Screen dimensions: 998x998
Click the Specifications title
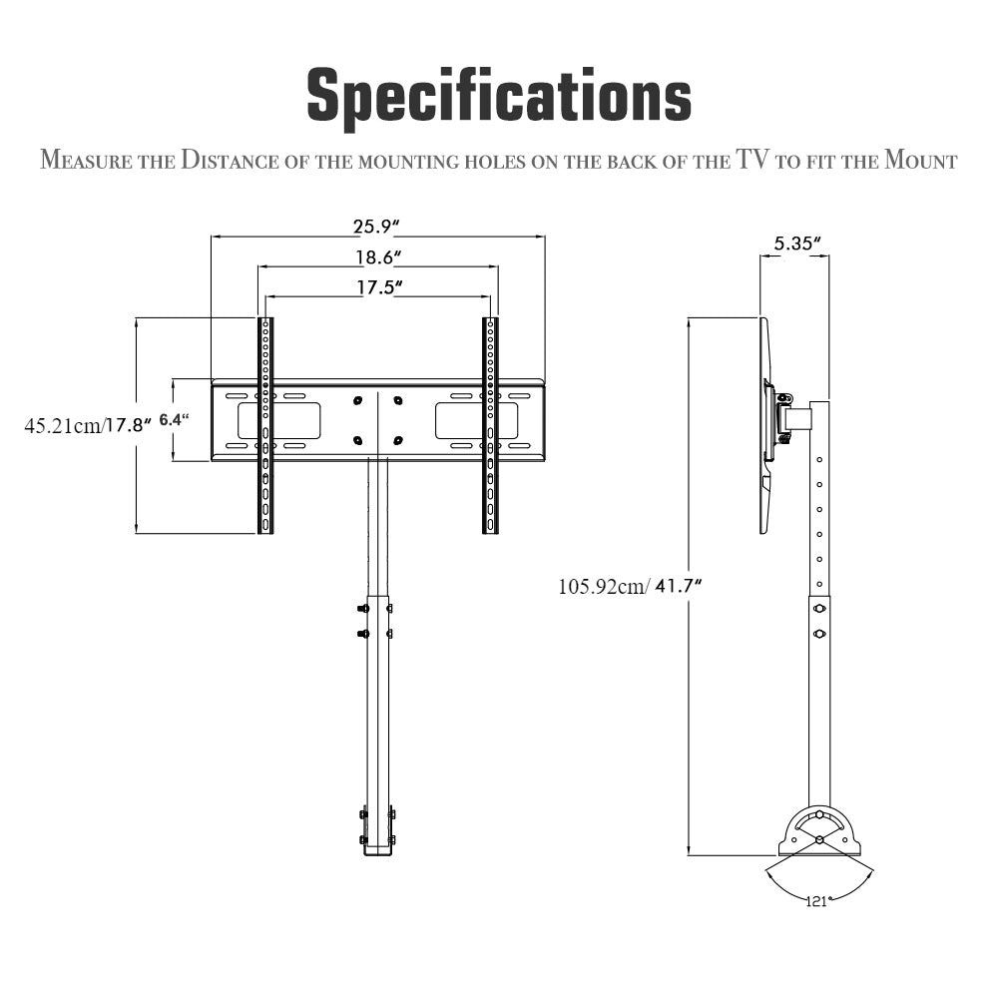tap(499, 96)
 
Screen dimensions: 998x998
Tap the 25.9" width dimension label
tap(376, 226)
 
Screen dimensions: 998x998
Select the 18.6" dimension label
tap(378, 257)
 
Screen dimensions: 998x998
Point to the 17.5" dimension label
tap(379, 287)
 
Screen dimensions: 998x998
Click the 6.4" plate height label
tap(174, 420)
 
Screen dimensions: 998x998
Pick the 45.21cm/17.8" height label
tap(88, 425)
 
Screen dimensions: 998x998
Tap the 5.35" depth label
tap(796, 244)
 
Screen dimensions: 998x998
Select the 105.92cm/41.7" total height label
tap(630, 586)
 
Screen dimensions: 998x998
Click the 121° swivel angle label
tap(818, 900)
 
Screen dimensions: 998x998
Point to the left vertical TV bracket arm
tap(265, 425)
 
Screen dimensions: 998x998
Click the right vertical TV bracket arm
tap(490, 425)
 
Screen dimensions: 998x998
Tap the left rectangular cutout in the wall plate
tap(278, 421)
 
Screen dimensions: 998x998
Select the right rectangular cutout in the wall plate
tap(476, 421)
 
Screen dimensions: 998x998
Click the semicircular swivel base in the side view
tap(819, 832)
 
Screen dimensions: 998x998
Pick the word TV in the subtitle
tap(751, 159)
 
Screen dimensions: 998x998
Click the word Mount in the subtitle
tap(921, 160)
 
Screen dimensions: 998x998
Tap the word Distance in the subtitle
tap(230, 160)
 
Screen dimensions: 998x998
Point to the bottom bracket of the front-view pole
tap(378, 830)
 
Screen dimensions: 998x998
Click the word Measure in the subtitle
tap(86, 160)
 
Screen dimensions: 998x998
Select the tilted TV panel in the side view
tap(766, 425)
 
